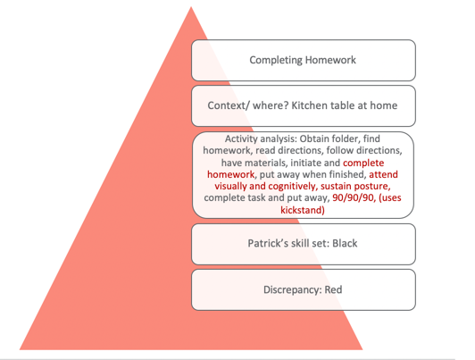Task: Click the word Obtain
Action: tap(314, 138)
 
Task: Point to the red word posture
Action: tap(374, 186)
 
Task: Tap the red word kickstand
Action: tap(303, 210)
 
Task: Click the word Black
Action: tap(345, 243)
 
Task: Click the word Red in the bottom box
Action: tap(333, 289)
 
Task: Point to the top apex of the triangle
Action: tap(191, 6)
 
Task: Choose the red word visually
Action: tap(230, 186)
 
